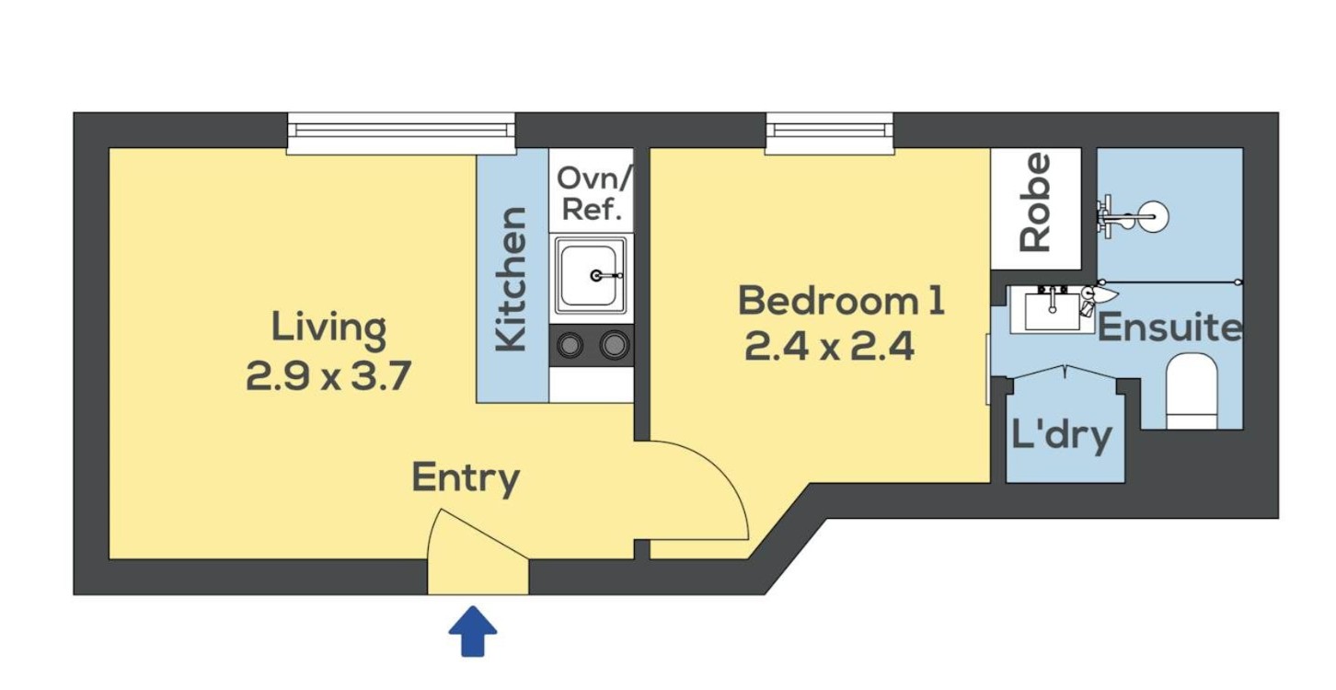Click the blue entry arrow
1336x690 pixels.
[x=472, y=631]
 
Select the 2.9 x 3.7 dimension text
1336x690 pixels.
[x=328, y=375]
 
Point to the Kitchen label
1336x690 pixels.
[x=512, y=279]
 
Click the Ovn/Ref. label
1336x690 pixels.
[x=593, y=193]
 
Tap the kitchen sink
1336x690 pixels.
[x=591, y=275]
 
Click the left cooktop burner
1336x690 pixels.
[x=570, y=345]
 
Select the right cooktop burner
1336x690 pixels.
[x=615, y=345]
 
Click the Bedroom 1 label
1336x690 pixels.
[x=842, y=301]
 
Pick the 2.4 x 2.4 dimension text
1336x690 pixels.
[x=830, y=347]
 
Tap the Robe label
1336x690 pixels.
[x=1035, y=202]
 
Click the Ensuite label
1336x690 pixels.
[x=1170, y=328]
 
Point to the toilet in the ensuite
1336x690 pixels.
[x=1191, y=391]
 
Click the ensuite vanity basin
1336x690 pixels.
[x=1053, y=309]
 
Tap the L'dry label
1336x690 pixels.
[x=1062, y=435]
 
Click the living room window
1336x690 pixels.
[x=401, y=133]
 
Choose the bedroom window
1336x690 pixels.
[x=830, y=133]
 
